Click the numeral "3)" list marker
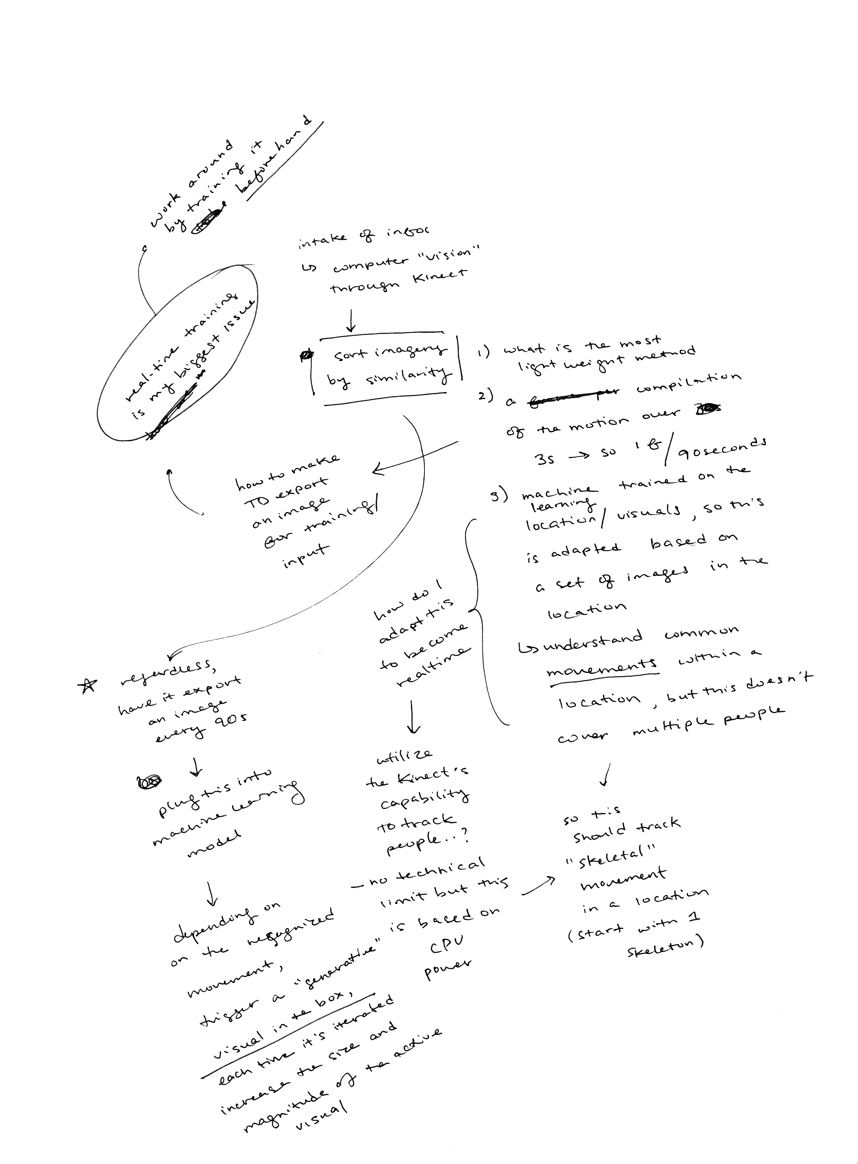499,496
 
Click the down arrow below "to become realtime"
413,717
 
